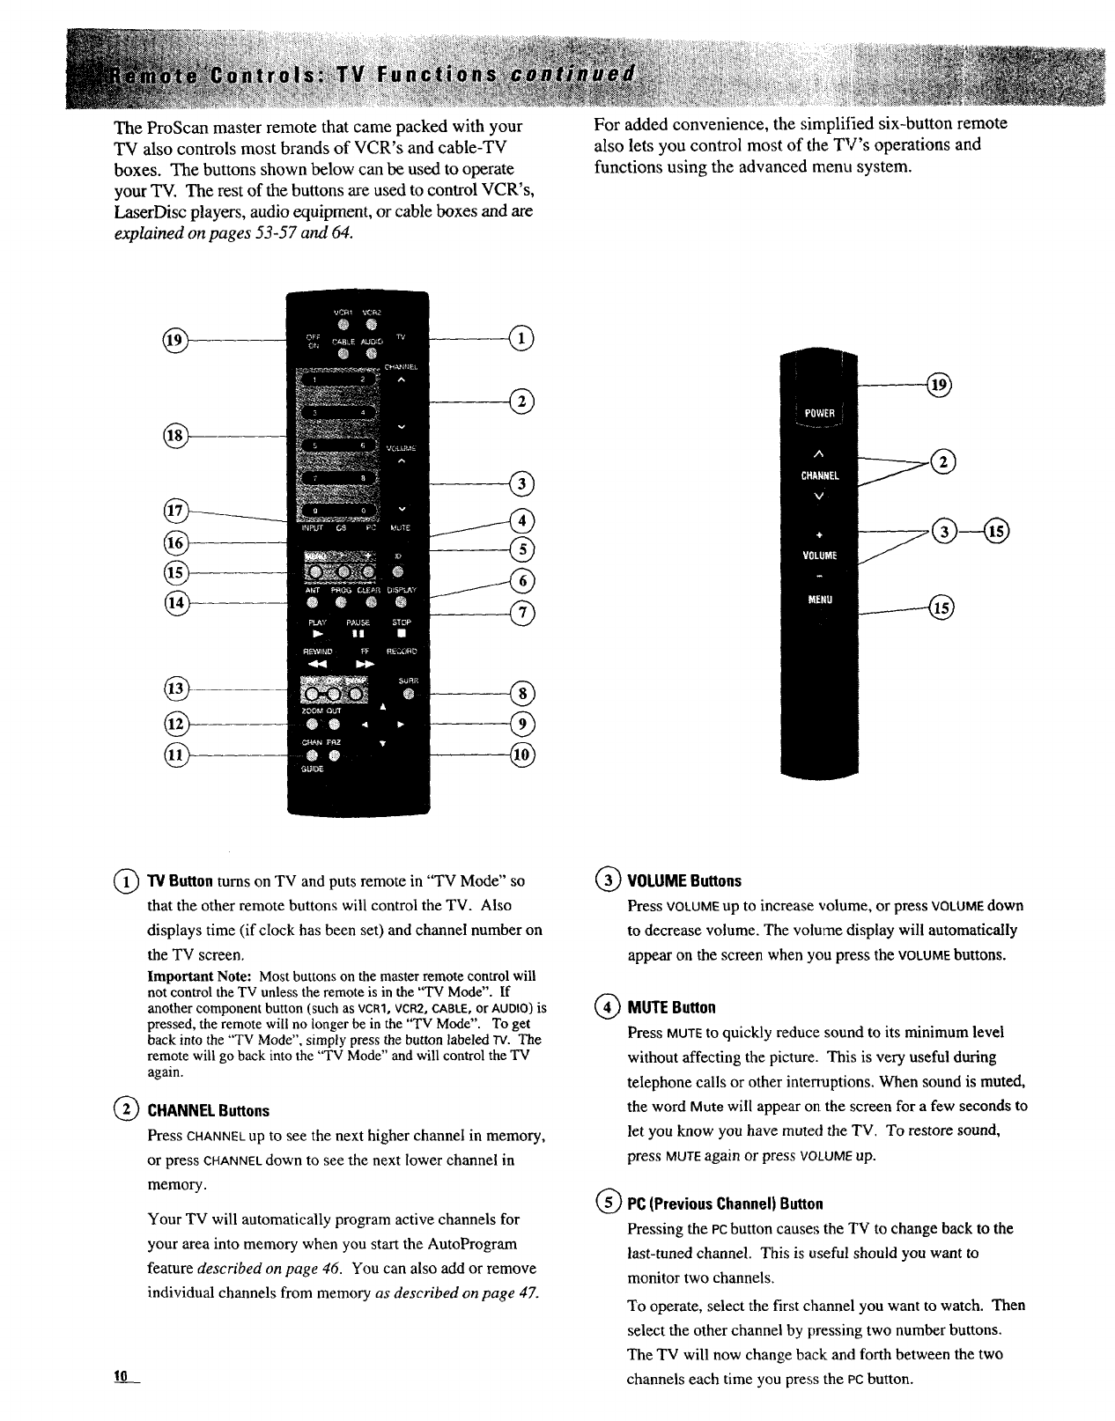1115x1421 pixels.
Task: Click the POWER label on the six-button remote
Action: pos(819,416)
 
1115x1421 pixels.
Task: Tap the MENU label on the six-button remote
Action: pos(820,600)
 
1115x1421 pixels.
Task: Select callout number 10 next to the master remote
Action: pos(521,755)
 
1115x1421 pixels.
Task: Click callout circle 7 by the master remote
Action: pos(521,614)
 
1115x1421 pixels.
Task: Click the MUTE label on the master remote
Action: pos(400,528)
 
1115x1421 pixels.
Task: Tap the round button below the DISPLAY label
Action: pos(401,602)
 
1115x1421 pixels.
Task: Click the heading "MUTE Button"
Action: pos(670,1007)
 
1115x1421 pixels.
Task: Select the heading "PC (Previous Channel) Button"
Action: pos(724,1204)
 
